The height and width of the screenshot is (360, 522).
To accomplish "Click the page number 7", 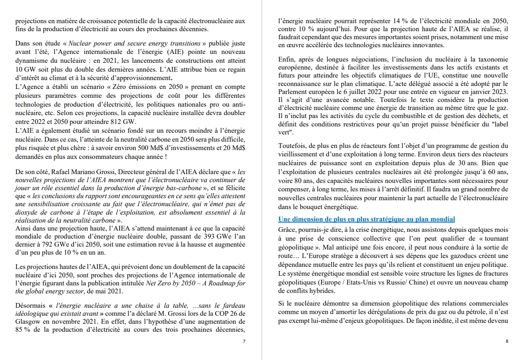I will point(244,341).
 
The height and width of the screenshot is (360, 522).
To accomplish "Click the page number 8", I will point(507,341).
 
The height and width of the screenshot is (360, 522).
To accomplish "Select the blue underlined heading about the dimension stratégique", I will point(367,219).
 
